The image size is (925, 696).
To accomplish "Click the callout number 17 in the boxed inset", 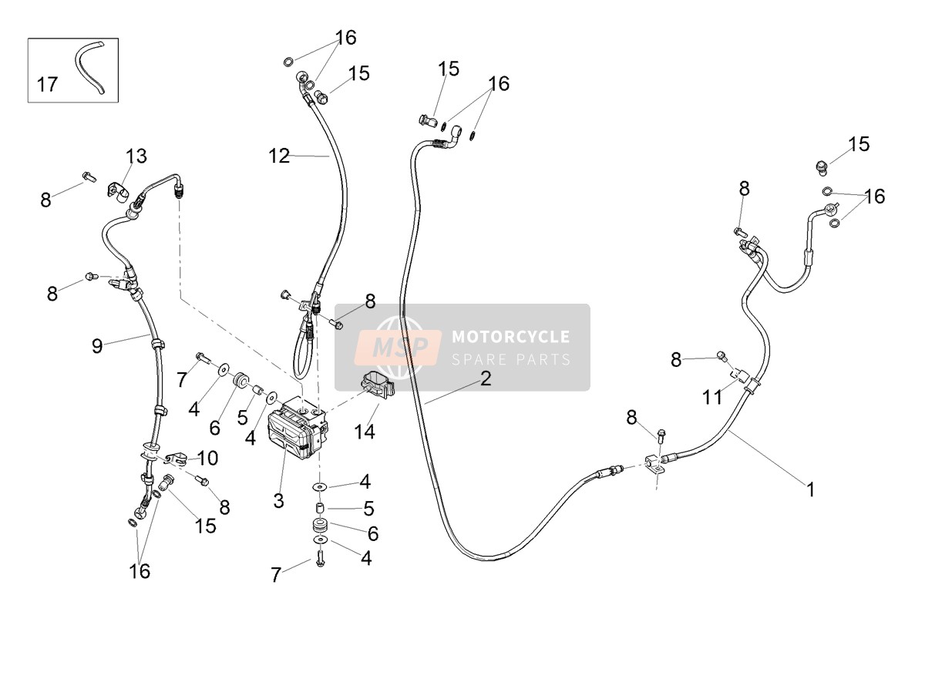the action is (47, 85).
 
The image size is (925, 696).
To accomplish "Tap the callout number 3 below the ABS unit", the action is (278, 501).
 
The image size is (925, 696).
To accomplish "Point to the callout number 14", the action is (365, 432).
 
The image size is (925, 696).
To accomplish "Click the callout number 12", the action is (279, 156).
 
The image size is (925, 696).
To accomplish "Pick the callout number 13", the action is (136, 156).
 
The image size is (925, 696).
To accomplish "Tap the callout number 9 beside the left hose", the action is (97, 346).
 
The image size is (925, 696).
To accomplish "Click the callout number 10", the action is (207, 458).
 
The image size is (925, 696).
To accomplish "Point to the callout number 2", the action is (486, 378).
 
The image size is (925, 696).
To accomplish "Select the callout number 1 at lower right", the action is (810, 489).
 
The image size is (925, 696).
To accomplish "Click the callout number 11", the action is (712, 397).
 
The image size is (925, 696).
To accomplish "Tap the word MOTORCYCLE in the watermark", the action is (511, 337).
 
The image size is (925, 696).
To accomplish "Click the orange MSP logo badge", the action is (399, 347).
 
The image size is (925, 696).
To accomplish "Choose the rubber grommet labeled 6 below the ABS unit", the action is (321, 526).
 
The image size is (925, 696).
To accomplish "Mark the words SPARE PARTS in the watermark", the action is (511, 359).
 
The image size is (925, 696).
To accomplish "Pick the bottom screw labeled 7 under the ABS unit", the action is (320, 560).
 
